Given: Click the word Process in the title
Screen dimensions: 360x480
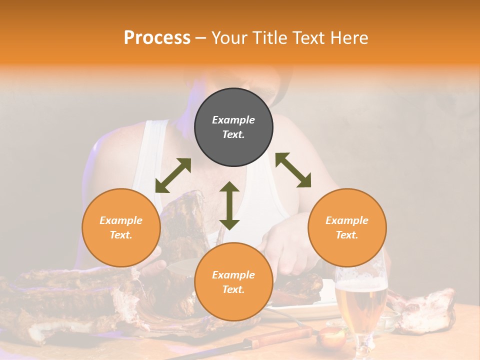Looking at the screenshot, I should click(x=157, y=38).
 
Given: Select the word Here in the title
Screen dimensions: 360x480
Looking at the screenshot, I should click(x=349, y=38).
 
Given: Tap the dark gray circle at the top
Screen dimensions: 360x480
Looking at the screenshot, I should click(x=233, y=127).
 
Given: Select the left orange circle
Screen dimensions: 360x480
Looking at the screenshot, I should click(x=121, y=227).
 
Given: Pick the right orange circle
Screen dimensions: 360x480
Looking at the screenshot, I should click(x=347, y=227).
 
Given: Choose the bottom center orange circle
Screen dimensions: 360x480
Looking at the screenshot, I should click(x=233, y=282).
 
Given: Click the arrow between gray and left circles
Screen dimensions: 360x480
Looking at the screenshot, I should click(x=173, y=175).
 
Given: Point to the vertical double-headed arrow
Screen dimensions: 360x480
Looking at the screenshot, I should click(x=229, y=205).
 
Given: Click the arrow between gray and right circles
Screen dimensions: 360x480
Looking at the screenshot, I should click(x=293, y=170).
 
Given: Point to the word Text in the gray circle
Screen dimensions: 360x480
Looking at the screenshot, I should click(x=233, y=134).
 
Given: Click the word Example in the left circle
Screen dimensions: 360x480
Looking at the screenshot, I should click(x=121, y=220).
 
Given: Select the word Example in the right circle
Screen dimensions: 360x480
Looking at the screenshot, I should click(x=347, y=220).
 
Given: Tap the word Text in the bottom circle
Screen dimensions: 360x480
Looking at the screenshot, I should click(x=233, y=289).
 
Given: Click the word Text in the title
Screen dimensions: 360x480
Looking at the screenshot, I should click(x=306, y=38).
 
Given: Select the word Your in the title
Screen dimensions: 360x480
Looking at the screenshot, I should click(x=227, y=38).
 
